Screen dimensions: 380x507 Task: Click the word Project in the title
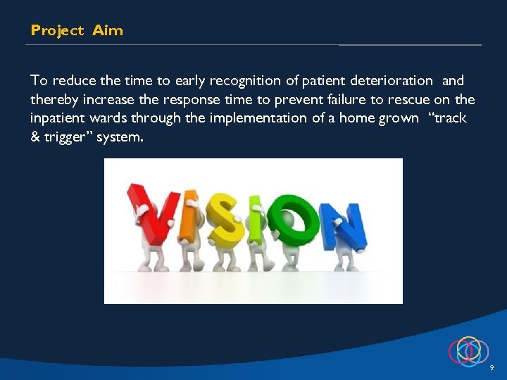[x=56, y=30]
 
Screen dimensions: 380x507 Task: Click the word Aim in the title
[x=107, y=30]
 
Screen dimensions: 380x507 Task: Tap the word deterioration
[x=391, y=81]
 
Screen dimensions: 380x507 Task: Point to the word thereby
[x=55, y=99]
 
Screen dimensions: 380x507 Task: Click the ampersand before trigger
[x=36, y=137]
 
